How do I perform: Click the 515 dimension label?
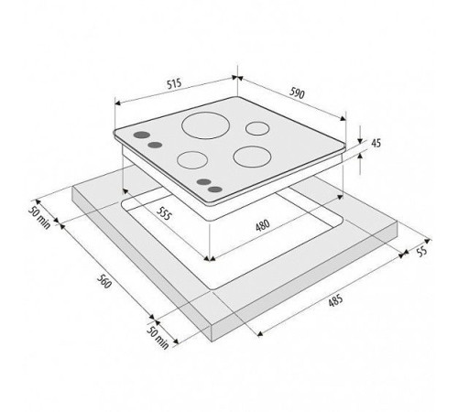pos(174,83)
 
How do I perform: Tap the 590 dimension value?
pos(297,92)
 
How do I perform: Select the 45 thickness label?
pos(376,143)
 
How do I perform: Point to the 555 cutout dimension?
pos(163,212)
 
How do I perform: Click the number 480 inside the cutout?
pos(263,225)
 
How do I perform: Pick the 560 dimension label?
pos(104,281)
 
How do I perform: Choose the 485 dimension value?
pos(335,300)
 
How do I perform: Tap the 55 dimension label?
pos(421,252)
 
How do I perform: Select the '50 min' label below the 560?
pos(158,338)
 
